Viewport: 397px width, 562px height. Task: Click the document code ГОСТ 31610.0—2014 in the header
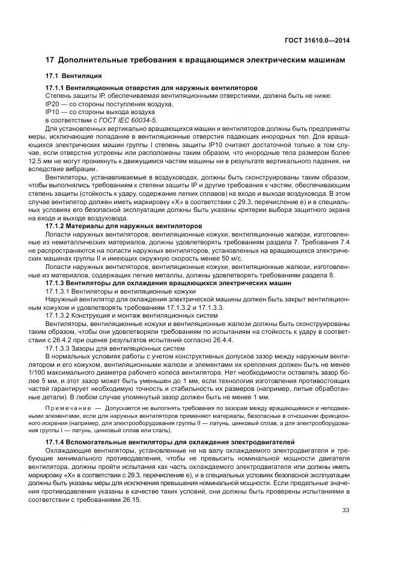point(318,40)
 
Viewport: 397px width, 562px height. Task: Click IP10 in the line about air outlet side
point(52,112)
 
